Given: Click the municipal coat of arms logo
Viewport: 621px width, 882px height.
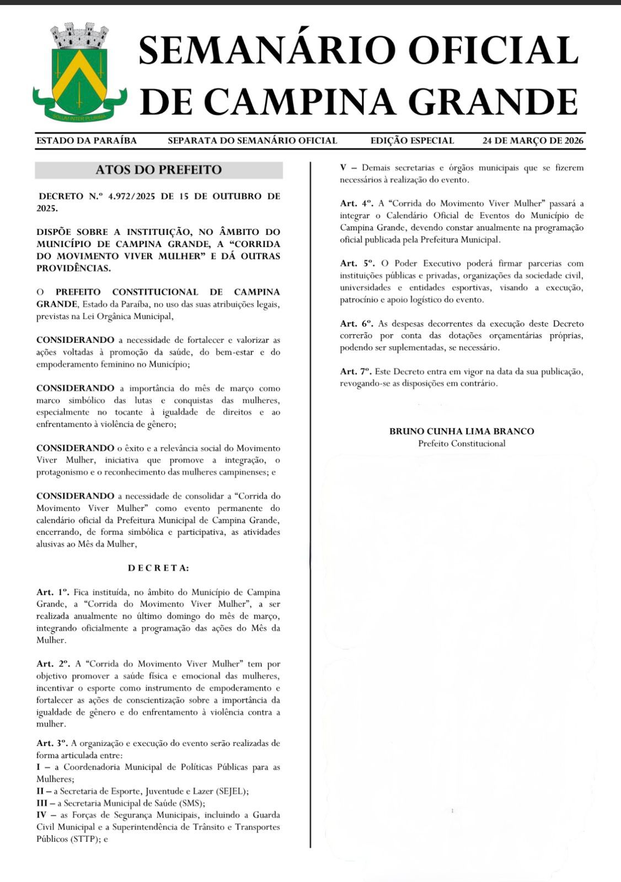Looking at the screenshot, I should (x=79, y=72).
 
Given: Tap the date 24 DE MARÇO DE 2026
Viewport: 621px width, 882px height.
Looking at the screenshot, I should (x=533, y=141).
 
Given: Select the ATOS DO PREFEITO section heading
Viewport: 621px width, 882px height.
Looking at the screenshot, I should (x=159, y=170).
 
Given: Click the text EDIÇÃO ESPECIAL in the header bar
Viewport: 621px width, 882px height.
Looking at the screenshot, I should (x=412, y=141).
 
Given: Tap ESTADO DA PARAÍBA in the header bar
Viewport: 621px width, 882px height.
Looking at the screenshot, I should (x=87, y=141).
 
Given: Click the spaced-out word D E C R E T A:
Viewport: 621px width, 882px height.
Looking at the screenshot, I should (x=158, y=568).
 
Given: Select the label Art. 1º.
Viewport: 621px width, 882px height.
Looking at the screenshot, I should (x=53, y=592).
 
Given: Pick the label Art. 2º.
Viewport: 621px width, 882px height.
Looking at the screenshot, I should (x=53, y=664).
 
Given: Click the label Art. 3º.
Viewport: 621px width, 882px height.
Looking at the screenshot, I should (x=52, y=743).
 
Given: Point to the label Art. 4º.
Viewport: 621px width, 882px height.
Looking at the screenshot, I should (x=357, y=203).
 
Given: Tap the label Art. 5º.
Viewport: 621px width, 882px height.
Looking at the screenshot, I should (x=357, y=263).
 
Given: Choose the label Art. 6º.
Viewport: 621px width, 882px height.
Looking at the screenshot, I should (x=356, y=324).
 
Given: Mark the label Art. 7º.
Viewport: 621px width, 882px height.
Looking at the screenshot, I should (x=356, y=372).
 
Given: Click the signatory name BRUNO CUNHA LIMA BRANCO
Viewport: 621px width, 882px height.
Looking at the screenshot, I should (x=462, y=431).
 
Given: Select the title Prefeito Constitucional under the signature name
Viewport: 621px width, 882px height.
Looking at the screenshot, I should (x=462, y=443).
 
